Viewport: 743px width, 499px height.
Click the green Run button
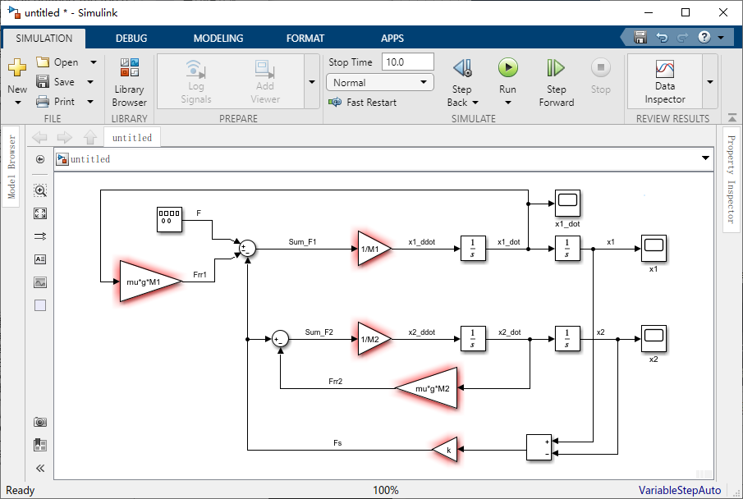[x=508, y=68]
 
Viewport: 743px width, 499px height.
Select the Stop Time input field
[x=407, y=62]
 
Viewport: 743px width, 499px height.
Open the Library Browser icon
[x=130, y=67]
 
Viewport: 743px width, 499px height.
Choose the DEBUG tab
[x=131, y=39]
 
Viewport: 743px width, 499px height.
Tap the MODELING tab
[x=218, y=39]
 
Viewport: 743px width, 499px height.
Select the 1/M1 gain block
[x=374, y=249]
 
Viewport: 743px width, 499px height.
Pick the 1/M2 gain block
[x=374, y=339]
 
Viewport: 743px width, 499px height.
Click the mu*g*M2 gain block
[x=426, y=388]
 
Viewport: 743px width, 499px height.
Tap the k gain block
[x=445, y=449]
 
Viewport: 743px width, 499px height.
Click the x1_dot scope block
[x=567, y=203]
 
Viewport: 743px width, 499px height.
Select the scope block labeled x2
[x=654, y=338]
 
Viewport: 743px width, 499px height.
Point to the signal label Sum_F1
[x=302, y=241]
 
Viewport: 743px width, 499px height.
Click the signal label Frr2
[x=336, y=381]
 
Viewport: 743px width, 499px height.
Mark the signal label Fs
[x=337, y=442]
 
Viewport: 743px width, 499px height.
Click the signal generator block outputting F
[x=169, y=219]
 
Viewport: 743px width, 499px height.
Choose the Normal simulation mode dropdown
[x=380, y=82]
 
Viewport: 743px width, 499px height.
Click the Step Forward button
[x=557, y=82]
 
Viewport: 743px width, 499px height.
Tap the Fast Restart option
[x=363, y=103]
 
